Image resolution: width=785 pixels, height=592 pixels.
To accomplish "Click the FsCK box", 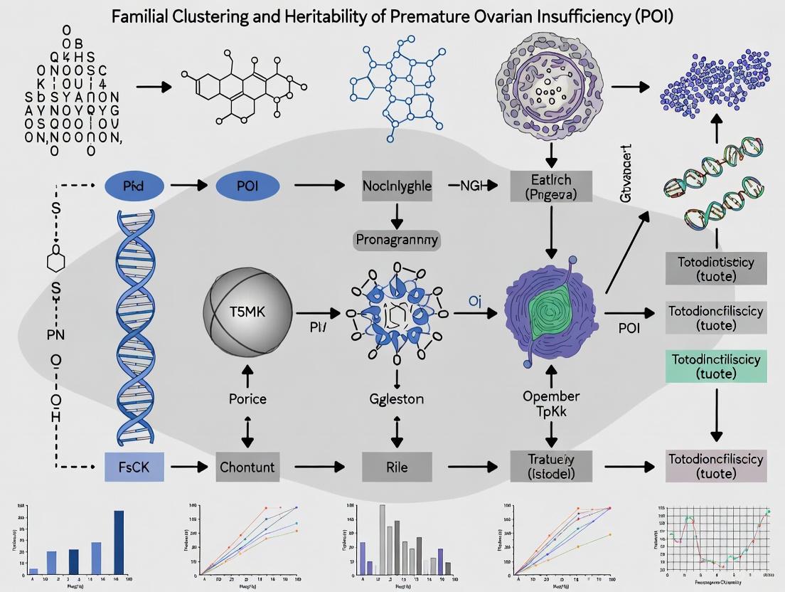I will click(134, 467).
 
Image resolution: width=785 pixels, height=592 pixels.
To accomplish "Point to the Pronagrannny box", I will click(397, 240).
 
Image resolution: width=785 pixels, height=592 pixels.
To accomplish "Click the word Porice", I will click(247, 398).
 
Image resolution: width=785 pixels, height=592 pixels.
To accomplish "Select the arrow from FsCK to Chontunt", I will click(188, 467).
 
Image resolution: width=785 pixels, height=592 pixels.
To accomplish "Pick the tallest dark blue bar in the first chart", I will click(119, 541).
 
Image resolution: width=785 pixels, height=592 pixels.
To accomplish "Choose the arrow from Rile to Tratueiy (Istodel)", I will click(470, 467).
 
